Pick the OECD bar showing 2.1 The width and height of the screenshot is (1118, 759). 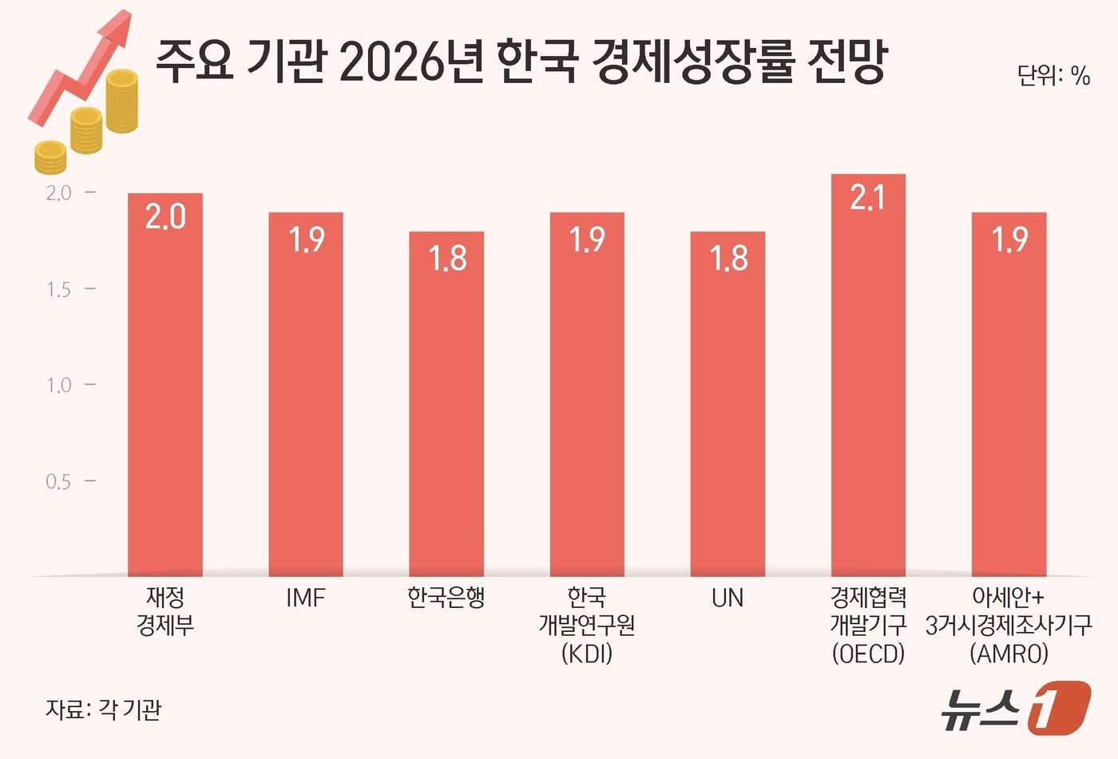(868, 383)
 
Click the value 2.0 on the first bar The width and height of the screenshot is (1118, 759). (165, 217)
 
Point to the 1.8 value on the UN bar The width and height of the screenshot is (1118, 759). (728, 259)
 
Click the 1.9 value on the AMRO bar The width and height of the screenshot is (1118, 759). (1009, 240)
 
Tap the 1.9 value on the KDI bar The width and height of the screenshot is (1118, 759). (587, 240)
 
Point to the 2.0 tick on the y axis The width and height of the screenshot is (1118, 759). (58, 193)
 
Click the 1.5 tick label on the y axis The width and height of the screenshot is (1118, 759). (58, 289)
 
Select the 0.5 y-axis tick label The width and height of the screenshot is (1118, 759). (58, 482)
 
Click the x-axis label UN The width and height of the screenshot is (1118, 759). (727, 598)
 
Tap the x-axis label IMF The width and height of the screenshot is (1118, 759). (306, 598)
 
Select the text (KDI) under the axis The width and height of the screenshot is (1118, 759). (587, 654)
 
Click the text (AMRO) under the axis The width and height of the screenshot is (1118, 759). (1009, 654)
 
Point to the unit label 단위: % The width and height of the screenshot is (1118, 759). (1053, 76)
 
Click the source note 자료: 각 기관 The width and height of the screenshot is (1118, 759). (104, 709)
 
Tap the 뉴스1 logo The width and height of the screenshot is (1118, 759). (1013, 708)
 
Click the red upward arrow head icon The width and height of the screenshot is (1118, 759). (116, 30)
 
